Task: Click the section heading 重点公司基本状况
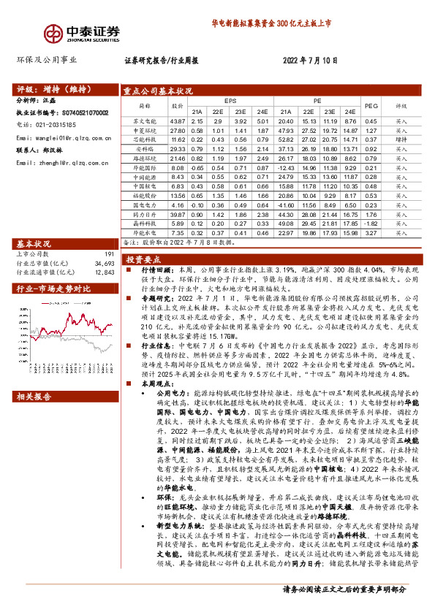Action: (x=158, y=92)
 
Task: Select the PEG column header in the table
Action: (x=371, y=105)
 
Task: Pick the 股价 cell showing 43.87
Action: (x=176, y=121)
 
